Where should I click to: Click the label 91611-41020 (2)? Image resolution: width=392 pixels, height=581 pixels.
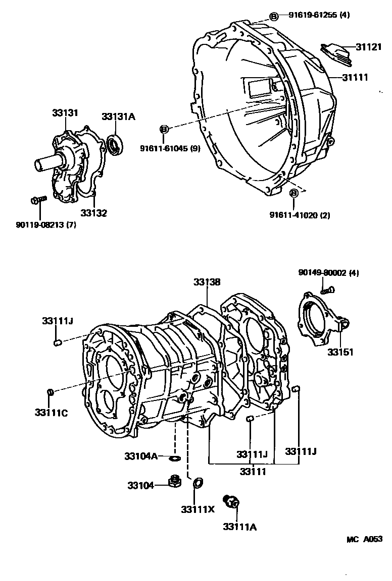[300, 215]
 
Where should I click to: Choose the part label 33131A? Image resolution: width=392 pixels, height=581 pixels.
[119, 117]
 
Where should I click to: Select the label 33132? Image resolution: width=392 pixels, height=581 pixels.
[93, 213]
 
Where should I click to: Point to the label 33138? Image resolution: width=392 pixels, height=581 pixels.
[206, 283]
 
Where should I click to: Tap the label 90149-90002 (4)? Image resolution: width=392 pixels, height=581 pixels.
[328, 272]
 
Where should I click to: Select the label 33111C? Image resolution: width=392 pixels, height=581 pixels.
[51, 413]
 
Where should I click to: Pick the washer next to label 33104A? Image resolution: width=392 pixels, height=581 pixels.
[175, 458]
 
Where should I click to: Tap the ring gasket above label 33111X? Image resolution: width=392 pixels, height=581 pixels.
[198, 483]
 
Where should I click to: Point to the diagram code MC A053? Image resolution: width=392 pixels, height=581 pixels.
[364, 539]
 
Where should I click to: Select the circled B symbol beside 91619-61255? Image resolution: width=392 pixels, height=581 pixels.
[273, 16]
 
